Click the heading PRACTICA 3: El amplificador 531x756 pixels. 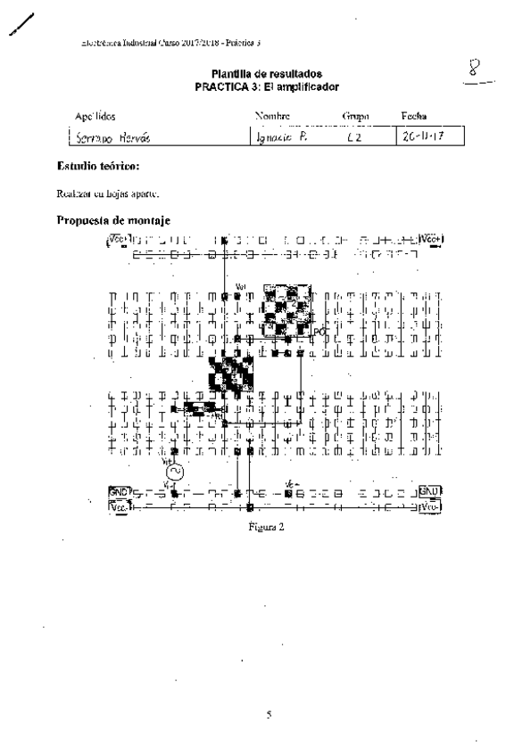[x=267, y=86]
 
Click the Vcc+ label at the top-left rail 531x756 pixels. [x=118, y=238]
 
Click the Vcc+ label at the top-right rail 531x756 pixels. [x=431, y=239]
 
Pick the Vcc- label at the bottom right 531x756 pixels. [x=430, y=506]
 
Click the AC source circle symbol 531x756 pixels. [x=175, y=471]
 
